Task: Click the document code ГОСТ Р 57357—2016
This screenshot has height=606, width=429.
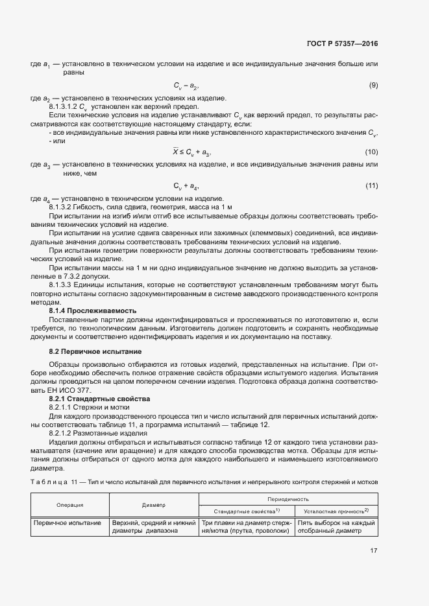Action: coord(342,44)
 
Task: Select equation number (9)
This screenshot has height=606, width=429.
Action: coord(373,86)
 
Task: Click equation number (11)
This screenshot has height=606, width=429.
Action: coord(371,187)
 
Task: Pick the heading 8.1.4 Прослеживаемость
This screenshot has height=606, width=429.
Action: coord(92,311)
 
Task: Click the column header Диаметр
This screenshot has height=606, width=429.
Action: coord(154,505)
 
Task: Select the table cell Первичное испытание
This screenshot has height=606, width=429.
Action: coord(67,522)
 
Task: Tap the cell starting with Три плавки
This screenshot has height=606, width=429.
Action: coord(245,526)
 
